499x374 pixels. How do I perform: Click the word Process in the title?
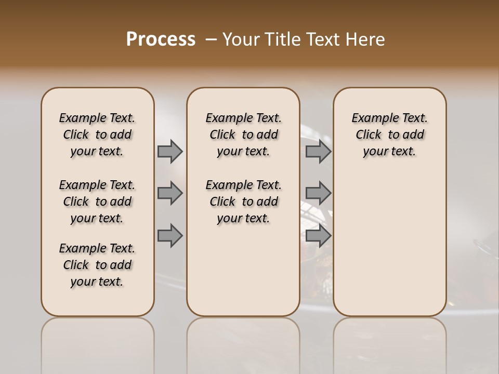[x=161, y=39]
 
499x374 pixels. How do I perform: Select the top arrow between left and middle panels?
[x=170, y=151]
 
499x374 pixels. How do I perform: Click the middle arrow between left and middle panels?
[x=170, y=193]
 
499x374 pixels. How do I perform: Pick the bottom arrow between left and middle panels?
[x=170, y=235]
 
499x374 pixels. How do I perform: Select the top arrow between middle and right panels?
[x=318, y=151]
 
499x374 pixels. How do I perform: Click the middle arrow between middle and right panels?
[x=318, y=193]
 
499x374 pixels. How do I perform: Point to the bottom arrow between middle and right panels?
[x=318, y=235]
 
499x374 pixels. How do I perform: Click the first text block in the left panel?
[x=97, y=135]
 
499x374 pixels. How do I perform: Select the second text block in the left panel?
[x=97, y=202]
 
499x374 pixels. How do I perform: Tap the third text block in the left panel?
[x=97, y=265]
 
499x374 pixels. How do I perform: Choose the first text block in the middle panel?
[x=243, y=135]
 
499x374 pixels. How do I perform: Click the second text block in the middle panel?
[x=243, y=202]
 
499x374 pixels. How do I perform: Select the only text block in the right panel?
[x=389, y=135]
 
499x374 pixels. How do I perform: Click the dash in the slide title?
[x=211, y=39]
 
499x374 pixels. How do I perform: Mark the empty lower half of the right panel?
[x=389, y=249]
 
